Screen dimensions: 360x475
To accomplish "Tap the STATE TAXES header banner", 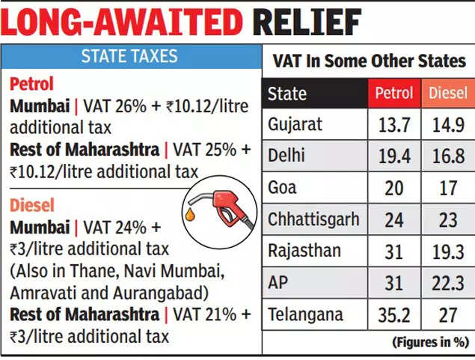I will click(x=129, y=56).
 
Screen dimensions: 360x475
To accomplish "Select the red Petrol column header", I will click(x=393, y=94).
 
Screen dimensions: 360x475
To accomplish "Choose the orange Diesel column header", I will click(x=447, y=94).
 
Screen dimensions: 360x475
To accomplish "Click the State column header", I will click(x=287, y=94).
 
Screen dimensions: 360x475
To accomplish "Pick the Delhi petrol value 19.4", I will click(x=393, y=156).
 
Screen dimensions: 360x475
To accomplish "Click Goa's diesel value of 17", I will click(x=447, y=187).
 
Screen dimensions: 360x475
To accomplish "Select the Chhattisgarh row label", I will click(x=313, y=219).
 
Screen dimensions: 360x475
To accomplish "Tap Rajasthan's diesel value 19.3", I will click(x=447, y=251).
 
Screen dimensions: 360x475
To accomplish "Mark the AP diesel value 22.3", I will click(x=447, y=284).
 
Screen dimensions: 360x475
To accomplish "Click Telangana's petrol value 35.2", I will click(x=393, y=315).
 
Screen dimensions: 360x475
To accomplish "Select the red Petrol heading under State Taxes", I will click(x=32, y=83).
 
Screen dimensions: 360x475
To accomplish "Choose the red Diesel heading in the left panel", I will click(x=32, y=204).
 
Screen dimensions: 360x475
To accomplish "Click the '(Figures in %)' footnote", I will click(x=429, y=343).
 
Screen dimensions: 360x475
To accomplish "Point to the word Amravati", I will click(x=40, y=292).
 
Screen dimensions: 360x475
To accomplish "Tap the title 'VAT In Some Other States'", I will click(x=369, y=61).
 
